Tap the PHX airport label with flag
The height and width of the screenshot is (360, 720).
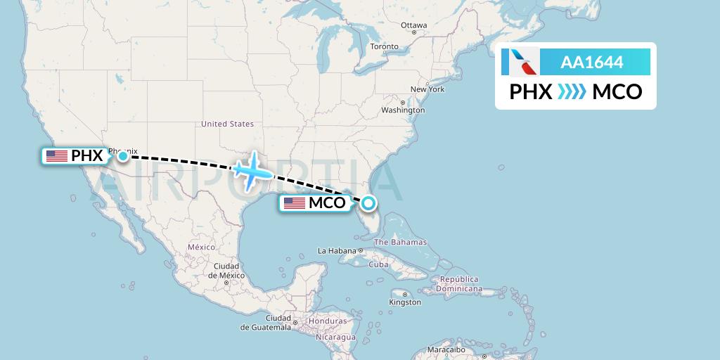tap(75, 156)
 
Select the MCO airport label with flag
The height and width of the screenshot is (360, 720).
tap(314, 203)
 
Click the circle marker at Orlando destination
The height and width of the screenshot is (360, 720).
tap(368, 203)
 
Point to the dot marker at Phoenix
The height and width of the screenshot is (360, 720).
tap(123, 155)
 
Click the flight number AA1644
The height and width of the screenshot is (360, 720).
tap(591, 63)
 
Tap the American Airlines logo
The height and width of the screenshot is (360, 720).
tap(521, 62)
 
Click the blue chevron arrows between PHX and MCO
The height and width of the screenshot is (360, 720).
tap(572, 92)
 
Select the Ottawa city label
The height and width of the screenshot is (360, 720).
tap(413, 25)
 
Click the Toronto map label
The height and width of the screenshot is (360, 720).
tap(384, 46)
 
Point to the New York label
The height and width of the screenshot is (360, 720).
tap(427, 89)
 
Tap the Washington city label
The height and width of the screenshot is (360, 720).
tap(403, 110)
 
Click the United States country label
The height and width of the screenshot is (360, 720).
tap(227, 124)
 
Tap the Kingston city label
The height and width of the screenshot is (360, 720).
tap(406, 302)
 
